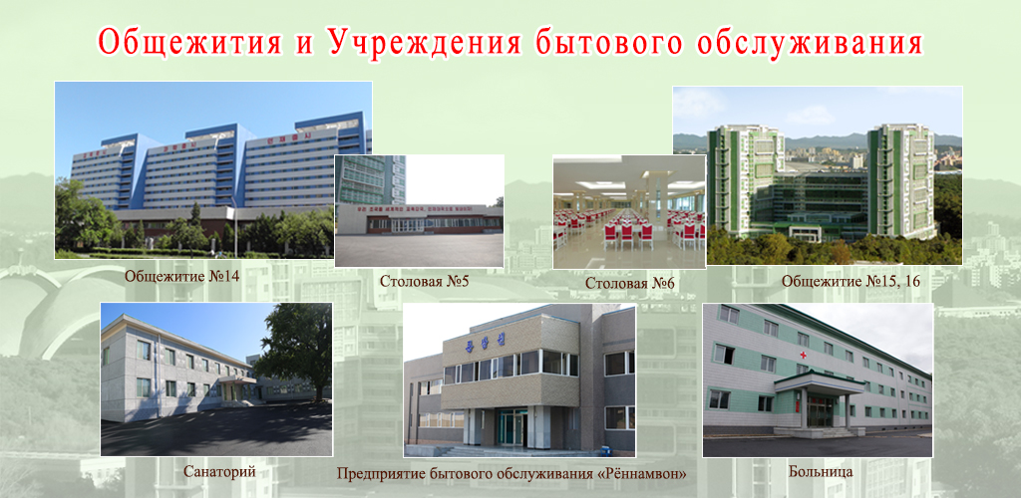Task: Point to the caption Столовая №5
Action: pos(424,281)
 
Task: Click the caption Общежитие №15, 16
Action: pos(851,282)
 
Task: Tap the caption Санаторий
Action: pos(213,470)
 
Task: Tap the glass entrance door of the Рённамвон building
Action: pos(511,426)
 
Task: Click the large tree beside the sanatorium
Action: pos(296,344)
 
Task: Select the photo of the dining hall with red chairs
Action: pos(629,211)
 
